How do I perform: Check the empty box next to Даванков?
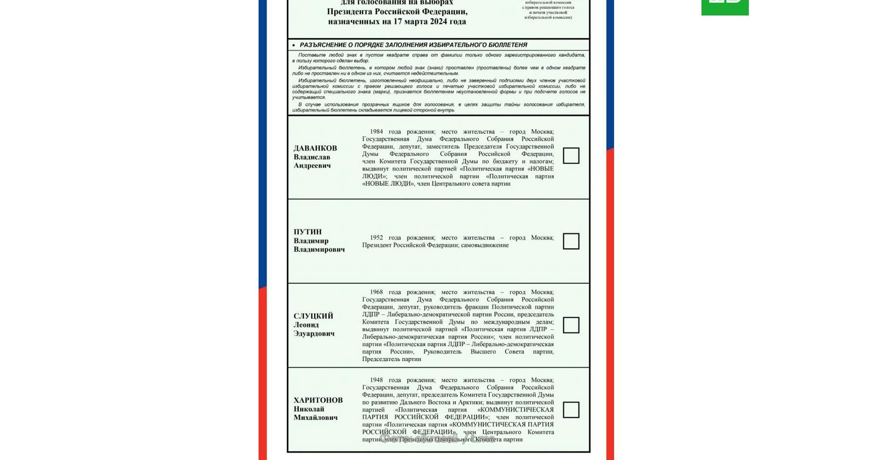tap(571, 156)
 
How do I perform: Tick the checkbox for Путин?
tap(571, 241)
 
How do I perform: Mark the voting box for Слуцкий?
tap(571, 325)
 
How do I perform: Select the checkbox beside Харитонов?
tap(571, 410)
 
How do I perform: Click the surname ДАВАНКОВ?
tap(315, 148)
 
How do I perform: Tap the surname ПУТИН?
tap(307, 232)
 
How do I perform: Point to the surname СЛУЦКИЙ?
tap(313, 316)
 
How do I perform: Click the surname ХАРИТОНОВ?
tap(318, 400)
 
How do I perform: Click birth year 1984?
tap(376, 132)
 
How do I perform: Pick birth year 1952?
tap(376, 238)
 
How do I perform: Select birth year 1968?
tap(376, 292)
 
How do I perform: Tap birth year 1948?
tap(376, 380)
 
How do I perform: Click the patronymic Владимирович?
tap(319, 250)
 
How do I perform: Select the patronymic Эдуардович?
tap(314, 334)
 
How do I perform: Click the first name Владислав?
tap(312, 157)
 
